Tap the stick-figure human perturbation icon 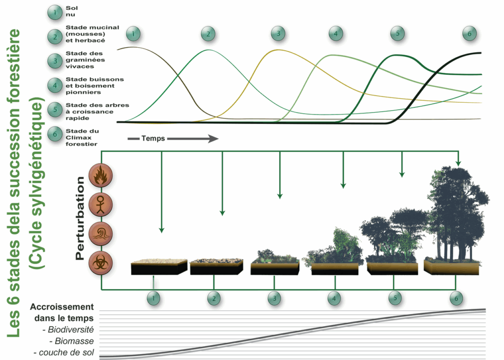[100, 204]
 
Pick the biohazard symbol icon [100, 262]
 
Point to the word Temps [153, 139]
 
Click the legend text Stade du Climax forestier [82, 138]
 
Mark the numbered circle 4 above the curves [336, 33]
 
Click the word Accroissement [62, 306]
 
